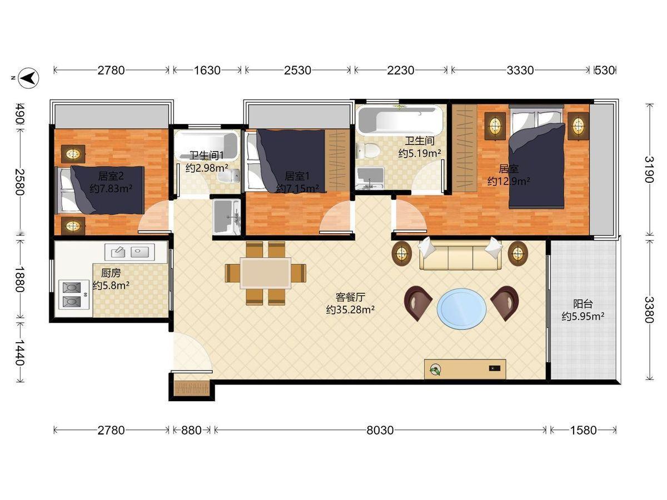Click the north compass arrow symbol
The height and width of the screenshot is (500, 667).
[x=28, y=78]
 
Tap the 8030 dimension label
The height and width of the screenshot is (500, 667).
[x=380, y=430]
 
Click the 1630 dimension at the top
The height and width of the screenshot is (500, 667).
[x=207, y=71]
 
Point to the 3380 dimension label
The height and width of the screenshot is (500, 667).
[x=649, y=309]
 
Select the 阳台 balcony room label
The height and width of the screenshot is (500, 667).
[x=583, y=304]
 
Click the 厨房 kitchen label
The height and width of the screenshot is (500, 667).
[x=111, y=273]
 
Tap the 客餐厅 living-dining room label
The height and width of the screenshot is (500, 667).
[x=350, y=297]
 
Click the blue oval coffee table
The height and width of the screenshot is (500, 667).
[x=461, y=309]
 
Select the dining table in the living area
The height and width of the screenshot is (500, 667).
[x=266, y=273]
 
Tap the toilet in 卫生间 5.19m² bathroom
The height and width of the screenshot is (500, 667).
[x=367, y=151]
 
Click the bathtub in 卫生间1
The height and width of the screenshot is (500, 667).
[x=206, y=145]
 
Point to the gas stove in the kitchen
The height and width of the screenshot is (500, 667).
[x=73, y=294]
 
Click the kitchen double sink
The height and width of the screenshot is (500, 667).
[x=130, y=252]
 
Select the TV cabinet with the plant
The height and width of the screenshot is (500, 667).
[x=465, y=369]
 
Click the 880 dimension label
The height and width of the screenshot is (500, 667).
[x=191, y=430]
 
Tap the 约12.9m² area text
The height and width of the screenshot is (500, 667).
[x=509, y=181]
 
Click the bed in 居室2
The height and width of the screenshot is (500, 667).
[x=100, y=190]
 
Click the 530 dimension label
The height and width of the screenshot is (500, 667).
[x=604, y=71]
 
